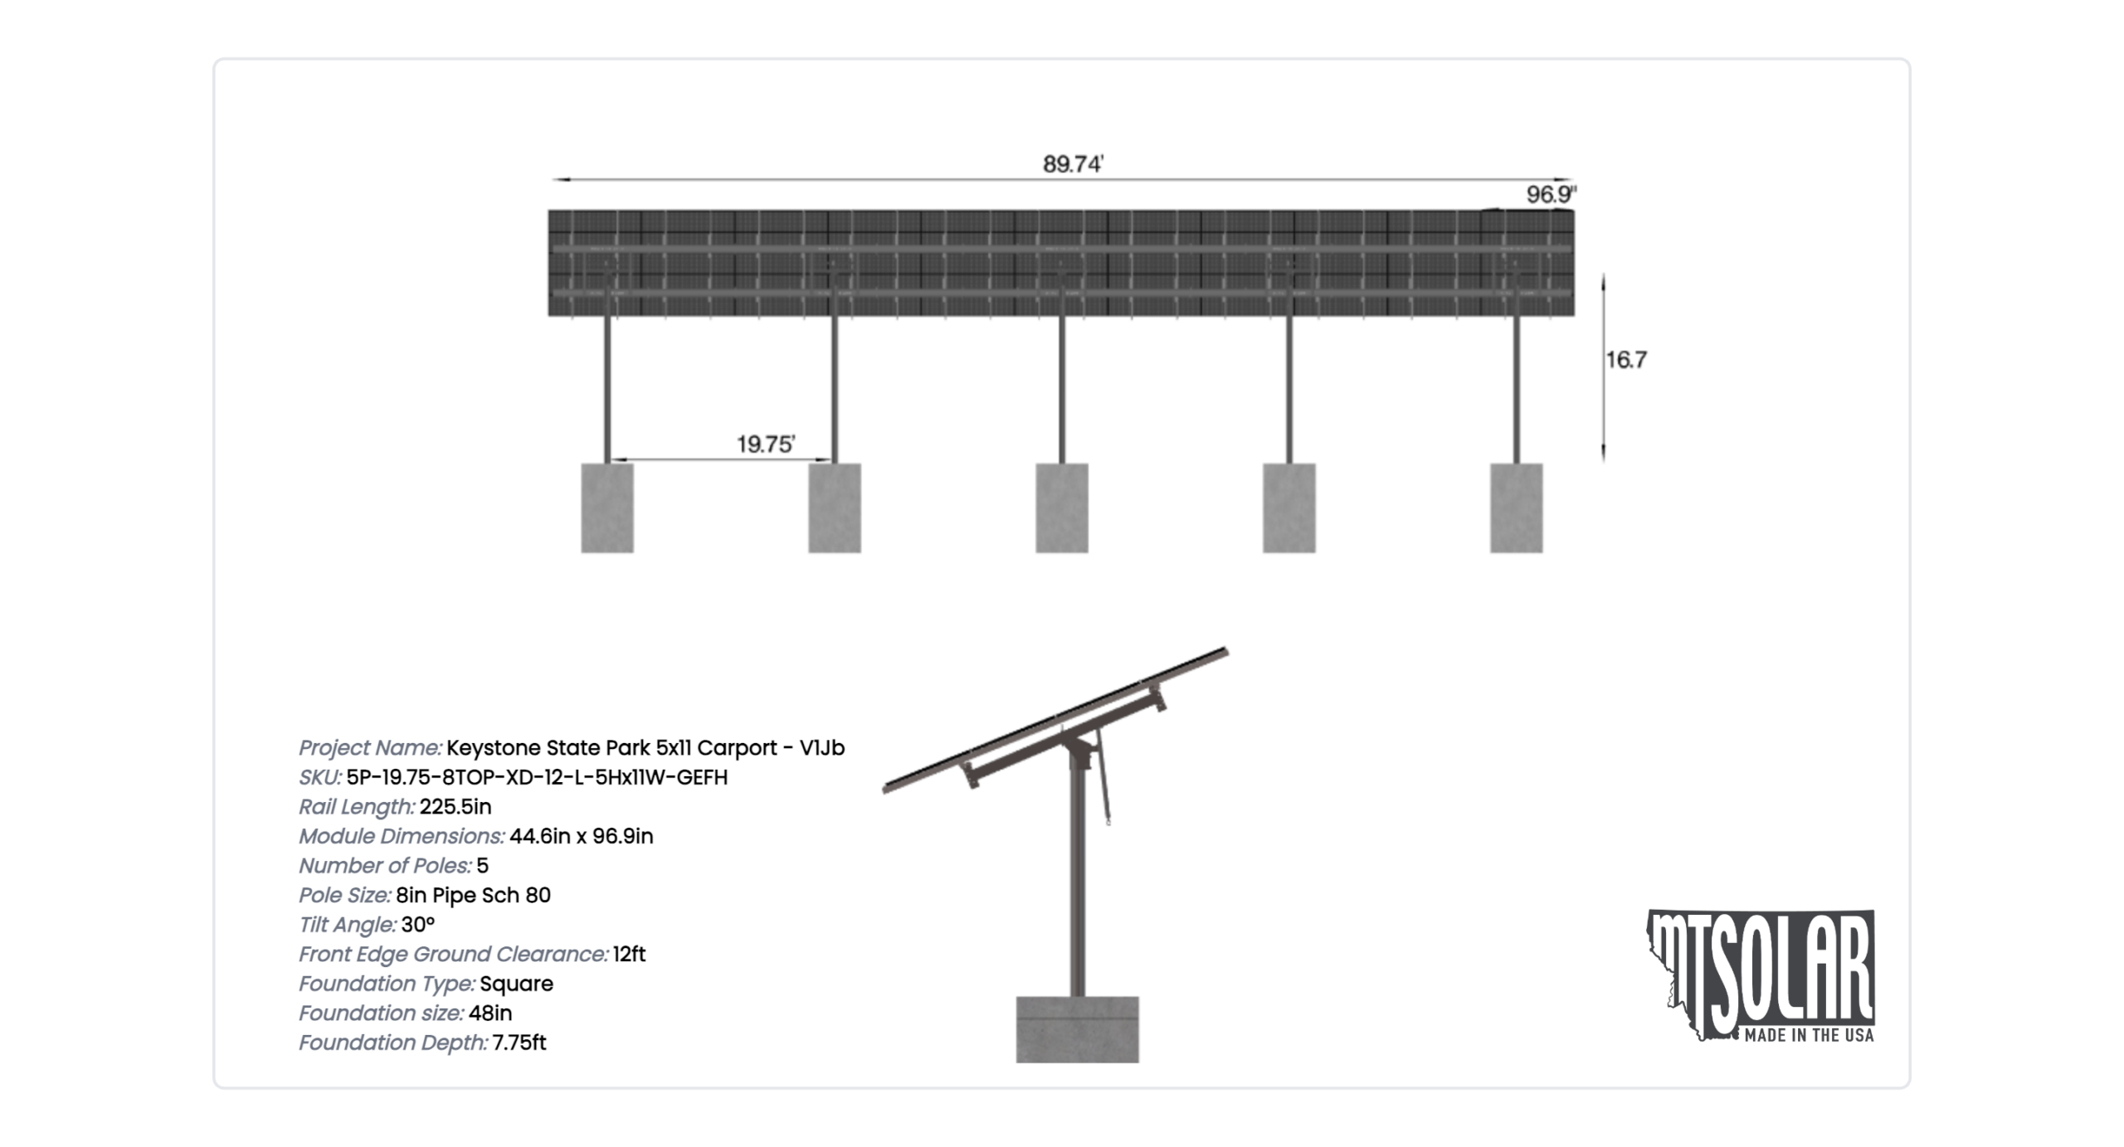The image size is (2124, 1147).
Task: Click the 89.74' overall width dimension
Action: [x=1073, y=164]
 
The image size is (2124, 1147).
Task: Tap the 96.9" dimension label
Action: [x=1552, y=194]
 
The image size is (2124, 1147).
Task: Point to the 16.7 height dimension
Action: [x=1626, y=360]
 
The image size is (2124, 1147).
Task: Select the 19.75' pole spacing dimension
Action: [x=766, y=445]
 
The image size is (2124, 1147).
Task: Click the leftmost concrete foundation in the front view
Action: [x=607, y=508]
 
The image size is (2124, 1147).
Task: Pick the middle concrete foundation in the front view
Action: [x=1062, y=508]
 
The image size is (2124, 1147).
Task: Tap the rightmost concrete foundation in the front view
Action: [x=1517, y=508]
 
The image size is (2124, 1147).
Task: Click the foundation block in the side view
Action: [x=1078, y=1029]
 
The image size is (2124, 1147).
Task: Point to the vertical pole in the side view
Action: [x=1077, y=879]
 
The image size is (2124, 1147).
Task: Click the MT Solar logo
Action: [x=1761, y=975]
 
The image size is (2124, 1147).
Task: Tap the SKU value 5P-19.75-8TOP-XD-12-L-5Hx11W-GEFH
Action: [x=537, y=777]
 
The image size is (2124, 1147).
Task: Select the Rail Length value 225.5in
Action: [x=455, y=807]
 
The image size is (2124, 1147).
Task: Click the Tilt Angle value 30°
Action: [x=418, y=925]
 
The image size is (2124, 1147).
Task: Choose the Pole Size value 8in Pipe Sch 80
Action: [x=473, y=895]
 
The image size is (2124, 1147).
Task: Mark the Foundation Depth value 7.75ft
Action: [x=519, y=1043]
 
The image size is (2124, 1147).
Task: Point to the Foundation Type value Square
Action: [x=516, y=984]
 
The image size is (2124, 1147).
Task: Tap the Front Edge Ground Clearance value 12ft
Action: [x=629, y=955]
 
